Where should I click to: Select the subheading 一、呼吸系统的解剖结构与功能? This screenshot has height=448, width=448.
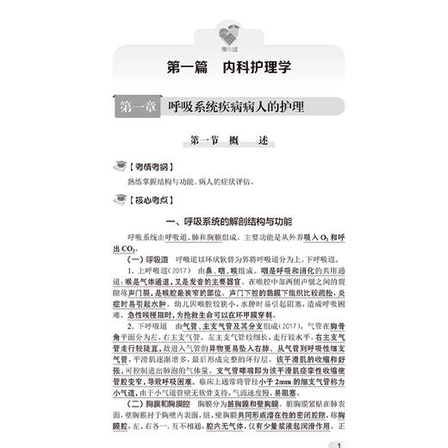225,221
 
